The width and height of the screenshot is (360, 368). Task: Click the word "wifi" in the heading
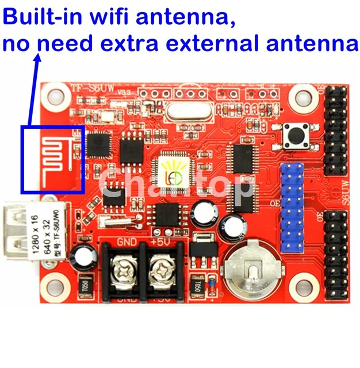tap(113, 19)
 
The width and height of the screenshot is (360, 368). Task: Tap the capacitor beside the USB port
tap(79, 256)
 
